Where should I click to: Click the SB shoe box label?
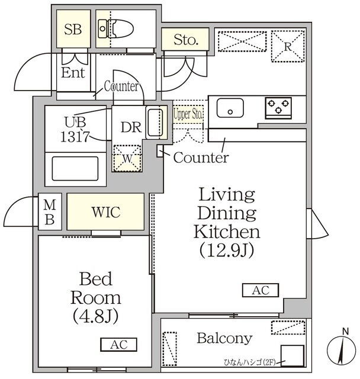click(x=73, y=30)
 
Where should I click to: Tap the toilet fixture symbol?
click(x=115, y=29)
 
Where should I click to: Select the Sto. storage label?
click(x=186, y=40)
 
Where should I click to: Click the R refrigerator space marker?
click(x=288, y=46)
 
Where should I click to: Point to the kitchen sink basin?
click(x=230, y=108)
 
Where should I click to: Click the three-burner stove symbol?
click(x=278, y=108)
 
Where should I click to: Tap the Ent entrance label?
click(x=73, y=72)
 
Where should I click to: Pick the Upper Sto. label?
click(x=188, y=114)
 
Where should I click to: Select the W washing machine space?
click(x=127, y=158)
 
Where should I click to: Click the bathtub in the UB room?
click(x=75, y=168)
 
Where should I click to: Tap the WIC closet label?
click(x=106, y=212)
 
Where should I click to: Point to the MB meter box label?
click(x=50, y=212)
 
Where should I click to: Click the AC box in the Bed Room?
click(x=118, y=345)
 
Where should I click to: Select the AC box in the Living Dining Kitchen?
click(x=261, y=290)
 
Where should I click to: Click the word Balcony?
click(x=224, y=339)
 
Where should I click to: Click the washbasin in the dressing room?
click(x=155, y=123)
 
